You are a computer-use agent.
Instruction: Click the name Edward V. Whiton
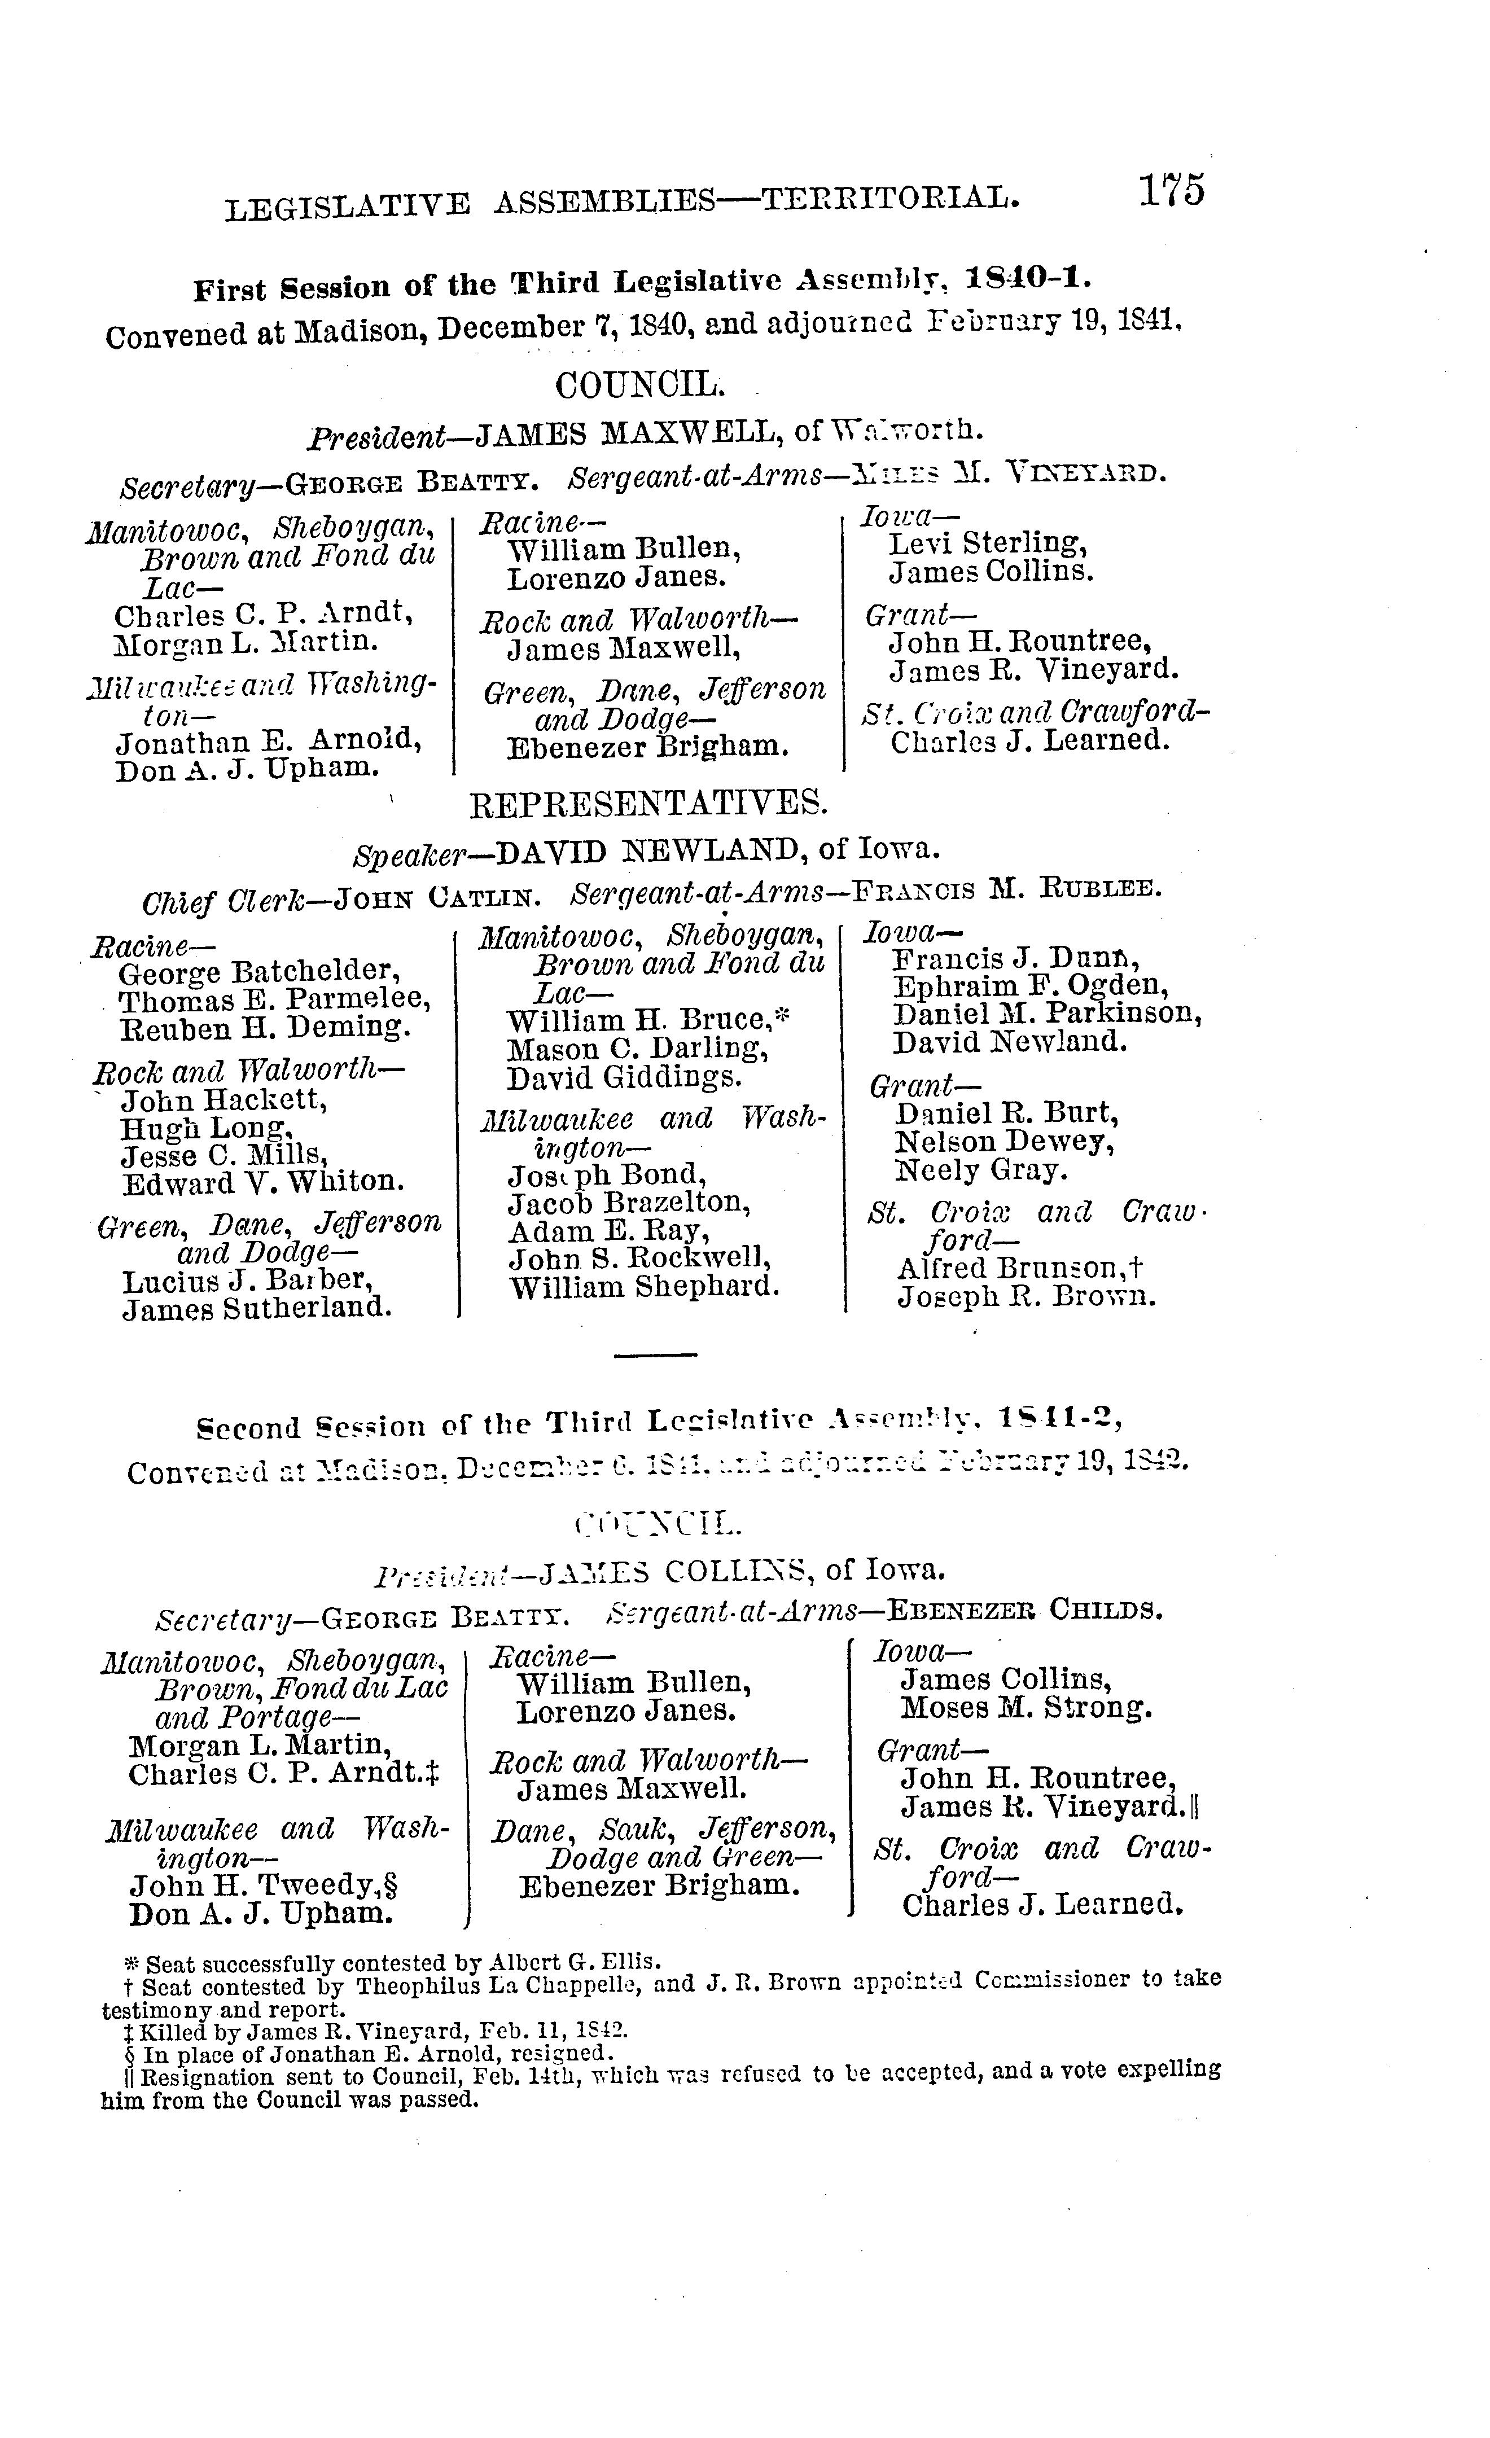262,1183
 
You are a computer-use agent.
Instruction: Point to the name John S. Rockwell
639,1260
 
